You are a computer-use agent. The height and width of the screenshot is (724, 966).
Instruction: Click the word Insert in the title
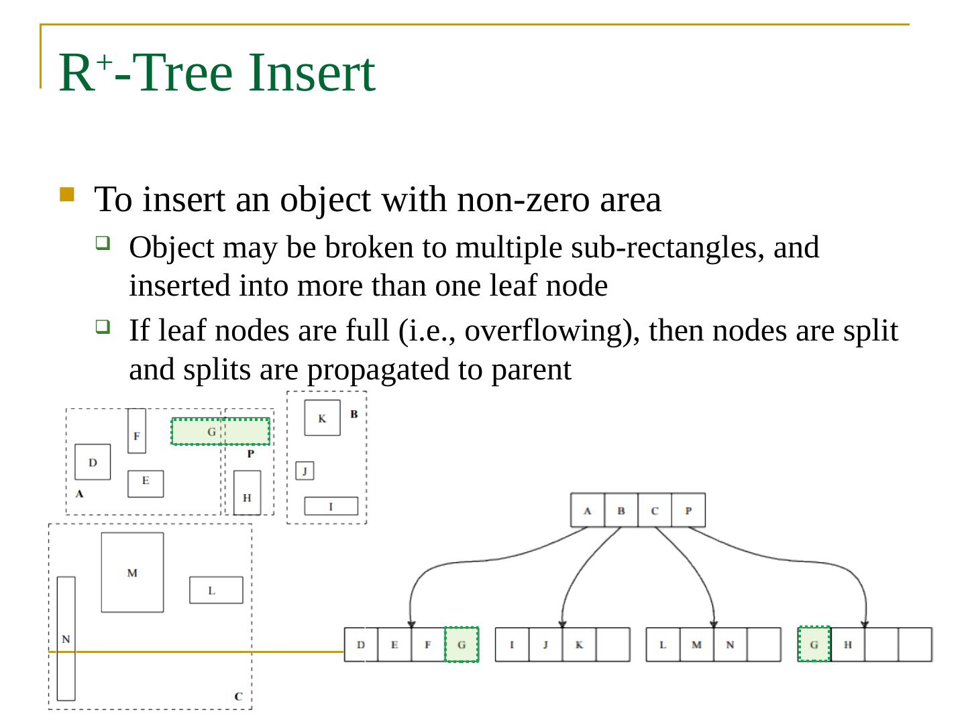pyautogui.click(x=311, y=72)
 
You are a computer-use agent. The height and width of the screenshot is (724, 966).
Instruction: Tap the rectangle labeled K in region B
pyautogui.click(x=322, y=418)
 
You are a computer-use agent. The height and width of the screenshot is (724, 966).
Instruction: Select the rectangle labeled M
pyautogui.click(x=132, y=572)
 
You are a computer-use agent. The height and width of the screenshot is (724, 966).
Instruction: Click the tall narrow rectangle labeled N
pyautogui.click(x=66, y=638)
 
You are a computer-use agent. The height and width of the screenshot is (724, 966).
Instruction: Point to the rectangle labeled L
pyautogui.click(x=215, y=590)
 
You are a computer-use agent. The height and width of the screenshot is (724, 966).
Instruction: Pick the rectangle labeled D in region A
pyautogui.click(x=93, y=462)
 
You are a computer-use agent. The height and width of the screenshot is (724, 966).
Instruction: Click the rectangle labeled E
pyautogui.click(x=146, y=483)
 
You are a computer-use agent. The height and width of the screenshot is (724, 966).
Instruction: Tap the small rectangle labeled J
pyautogui.click(x=305, y=471)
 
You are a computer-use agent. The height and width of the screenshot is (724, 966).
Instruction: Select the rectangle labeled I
pyautogui.click(x=331, y=506)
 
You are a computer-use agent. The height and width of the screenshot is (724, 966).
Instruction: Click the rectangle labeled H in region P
pyautogui.click(x=247, y=493)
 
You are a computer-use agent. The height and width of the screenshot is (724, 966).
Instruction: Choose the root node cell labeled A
pyautogui.click(x=588, y=510)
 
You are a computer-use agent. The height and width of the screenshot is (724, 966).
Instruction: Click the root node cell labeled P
pyautogui.click(x=688, y=510)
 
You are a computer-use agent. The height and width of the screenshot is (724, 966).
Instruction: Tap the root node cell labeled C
pyautogui.click(x=655, y=510)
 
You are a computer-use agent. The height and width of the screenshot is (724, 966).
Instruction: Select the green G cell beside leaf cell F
pyautogui.click(x=462, y=644)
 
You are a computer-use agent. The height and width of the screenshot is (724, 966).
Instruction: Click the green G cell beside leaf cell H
pyautogui.click(x=814, y=644)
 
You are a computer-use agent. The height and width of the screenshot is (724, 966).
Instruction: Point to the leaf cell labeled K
pyautogui.click(x=579, y=644)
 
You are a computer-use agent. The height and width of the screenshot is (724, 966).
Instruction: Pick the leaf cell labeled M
pyautogui.click(x=696, y=644)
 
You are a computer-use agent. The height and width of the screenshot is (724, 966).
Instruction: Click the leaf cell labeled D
pyautogui.click(x=361, y=644)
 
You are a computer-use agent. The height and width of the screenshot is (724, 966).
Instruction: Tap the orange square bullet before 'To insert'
pyautogui.click(x=66, y=194)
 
